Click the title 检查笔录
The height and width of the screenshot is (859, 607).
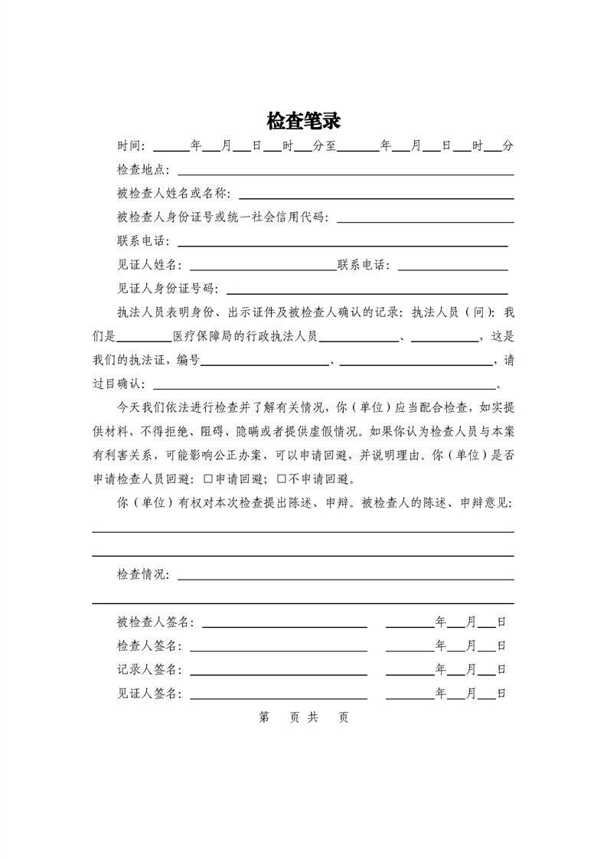(x=303, y=121)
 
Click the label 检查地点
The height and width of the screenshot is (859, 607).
(x=142, y=170)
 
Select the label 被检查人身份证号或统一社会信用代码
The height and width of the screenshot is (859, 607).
(x=222, y=217)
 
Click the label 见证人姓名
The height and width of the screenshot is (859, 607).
(x=147, y=266)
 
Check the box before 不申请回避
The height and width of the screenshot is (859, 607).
(x=281, y=480)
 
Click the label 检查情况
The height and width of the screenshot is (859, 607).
(x=142, y=575)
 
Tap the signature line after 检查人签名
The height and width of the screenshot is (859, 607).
(x=279, y=646)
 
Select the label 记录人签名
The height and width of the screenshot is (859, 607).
(x=148, y=670)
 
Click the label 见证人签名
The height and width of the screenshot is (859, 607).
(x=148, y=694)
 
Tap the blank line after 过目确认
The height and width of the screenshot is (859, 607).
(x=325, y=384)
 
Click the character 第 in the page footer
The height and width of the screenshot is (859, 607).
(x=265, y=718)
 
